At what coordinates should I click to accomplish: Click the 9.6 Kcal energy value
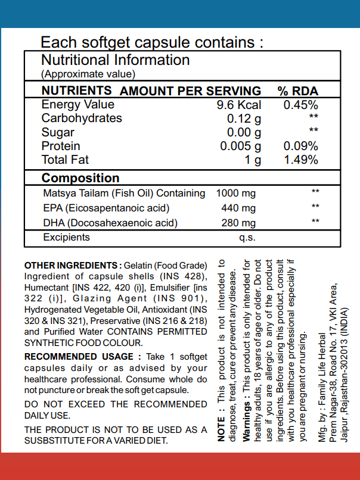click(x=239, y=105)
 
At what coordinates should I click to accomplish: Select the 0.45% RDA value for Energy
click(x=300, y=105)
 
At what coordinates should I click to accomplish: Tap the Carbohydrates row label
click(x=82, y=119)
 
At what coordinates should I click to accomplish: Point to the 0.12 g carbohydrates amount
click(x=244, y=119)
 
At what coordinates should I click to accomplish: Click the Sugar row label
click(x=58, y=132)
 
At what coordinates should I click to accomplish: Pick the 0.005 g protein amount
click(x=241, y=146)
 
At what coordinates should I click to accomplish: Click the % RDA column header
click(x=298, y=91)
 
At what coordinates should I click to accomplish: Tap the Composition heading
click(x=80, y=178)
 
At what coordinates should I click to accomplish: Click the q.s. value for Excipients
click(x=247, y=238)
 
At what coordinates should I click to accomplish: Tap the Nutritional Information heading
click(x=115, y=60)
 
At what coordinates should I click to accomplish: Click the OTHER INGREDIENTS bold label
click(x=70, y=265)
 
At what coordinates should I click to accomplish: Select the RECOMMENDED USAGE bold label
click(x=79, y=357)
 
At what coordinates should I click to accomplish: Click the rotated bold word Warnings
click(x=247, y=419)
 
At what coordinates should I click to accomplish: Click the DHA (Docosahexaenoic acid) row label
click(x=110, y=223)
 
